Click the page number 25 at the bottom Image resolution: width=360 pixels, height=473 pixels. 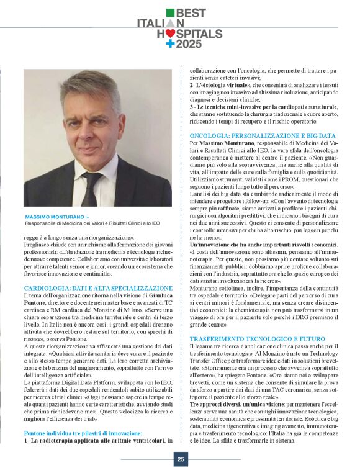point(180,459)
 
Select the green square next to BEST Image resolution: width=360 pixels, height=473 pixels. point(170,12)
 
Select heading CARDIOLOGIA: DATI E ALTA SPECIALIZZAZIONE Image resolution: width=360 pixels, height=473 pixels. point(97,288)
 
